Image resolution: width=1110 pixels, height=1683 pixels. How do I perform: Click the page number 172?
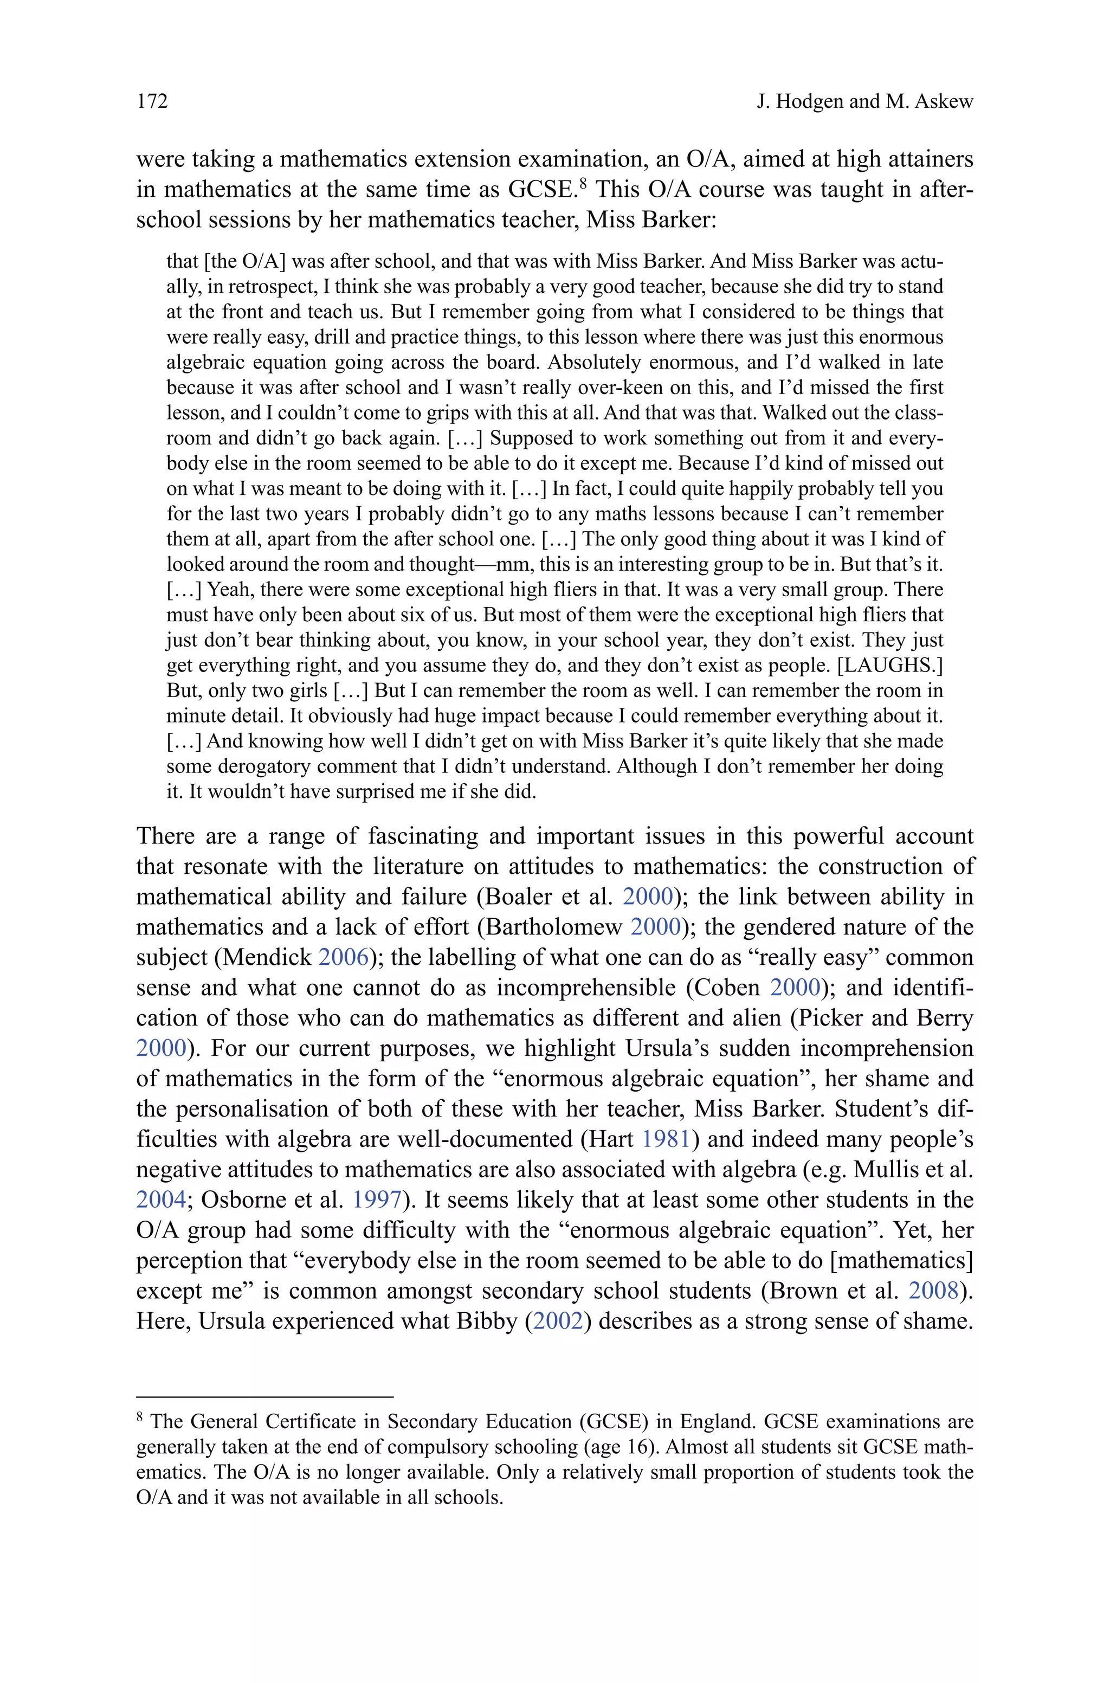pyautogui.click(x=152, y=101)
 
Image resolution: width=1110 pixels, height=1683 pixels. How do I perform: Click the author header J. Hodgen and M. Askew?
pyautogui.click(x=864, y=101)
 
